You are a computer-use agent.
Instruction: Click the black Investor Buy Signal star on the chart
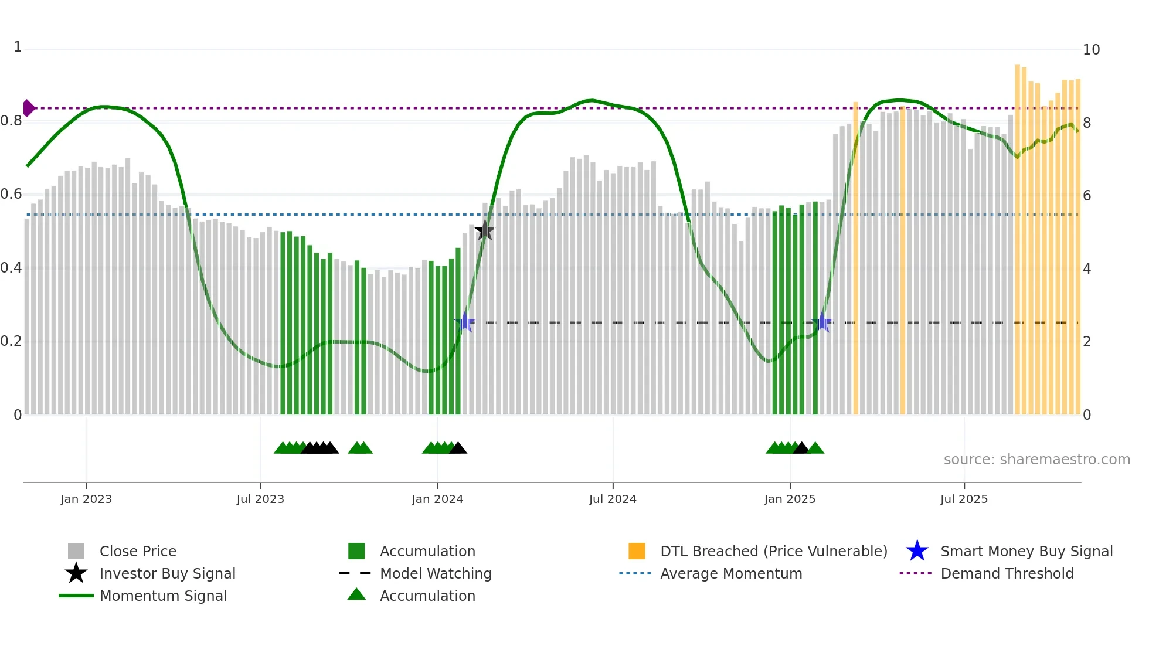coord(485,230)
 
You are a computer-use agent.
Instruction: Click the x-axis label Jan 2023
coord(86,499)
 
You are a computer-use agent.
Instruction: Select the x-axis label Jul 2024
coord(613,499)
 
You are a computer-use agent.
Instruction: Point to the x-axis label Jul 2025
coord(964,499)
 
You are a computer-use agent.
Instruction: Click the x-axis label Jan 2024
coord(437,499)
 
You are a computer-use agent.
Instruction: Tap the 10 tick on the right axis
coord(1091,50)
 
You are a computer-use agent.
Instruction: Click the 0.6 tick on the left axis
coord(12,194)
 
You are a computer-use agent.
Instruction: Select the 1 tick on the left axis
coord(18,47)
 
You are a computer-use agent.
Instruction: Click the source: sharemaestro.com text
coord(1036,460)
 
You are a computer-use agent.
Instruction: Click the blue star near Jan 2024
coord(465,322)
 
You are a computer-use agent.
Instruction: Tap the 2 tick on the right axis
coord(1087,342)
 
